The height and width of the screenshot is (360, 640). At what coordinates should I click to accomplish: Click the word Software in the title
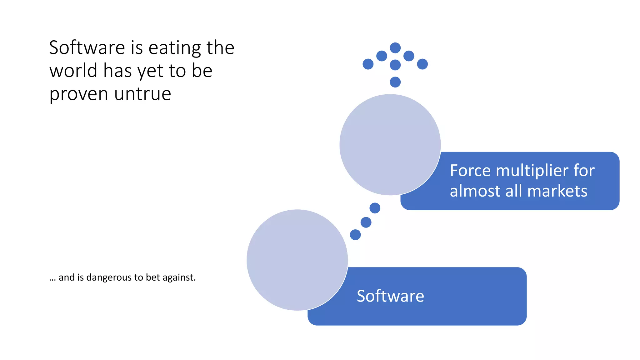(87, 48)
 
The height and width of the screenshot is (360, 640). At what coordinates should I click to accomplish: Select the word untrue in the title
(142, 94)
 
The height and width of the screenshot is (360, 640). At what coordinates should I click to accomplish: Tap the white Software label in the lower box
(390, 296)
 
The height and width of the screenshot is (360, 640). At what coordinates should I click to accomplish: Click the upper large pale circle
(390, 145)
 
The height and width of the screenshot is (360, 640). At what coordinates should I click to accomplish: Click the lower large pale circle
(297, 260)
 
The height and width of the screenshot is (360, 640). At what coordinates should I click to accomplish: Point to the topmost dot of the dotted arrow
(395, 48)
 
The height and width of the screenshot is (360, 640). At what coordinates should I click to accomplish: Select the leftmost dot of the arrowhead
(368, 64)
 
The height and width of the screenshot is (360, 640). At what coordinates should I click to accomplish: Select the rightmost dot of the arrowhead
(422, 64)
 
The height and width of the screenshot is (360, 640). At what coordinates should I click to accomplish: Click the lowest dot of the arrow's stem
(395, 82)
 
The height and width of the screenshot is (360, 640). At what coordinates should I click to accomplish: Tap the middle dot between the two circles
(366, 222)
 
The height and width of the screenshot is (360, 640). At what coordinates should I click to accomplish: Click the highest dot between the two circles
(375, 208)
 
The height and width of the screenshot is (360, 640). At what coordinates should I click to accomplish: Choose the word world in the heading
(73, 71)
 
